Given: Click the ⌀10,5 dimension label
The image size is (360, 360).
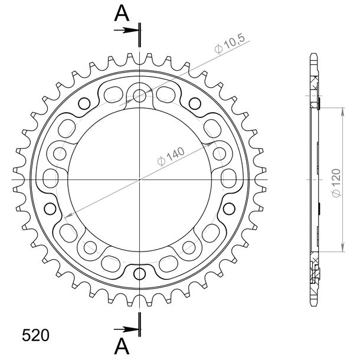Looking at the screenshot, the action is tap(230, 44).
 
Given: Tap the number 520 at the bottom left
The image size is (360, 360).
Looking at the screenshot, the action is tap(35, 335).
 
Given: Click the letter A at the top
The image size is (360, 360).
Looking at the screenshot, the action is tap(122, 13).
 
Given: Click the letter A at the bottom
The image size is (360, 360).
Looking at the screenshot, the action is tap(122, 346).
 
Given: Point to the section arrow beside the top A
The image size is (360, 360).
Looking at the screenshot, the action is tap(126, 30).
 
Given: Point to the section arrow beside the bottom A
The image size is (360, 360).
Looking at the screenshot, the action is tap(126, 330).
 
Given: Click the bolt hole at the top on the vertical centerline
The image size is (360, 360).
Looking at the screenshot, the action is tap(140, 94).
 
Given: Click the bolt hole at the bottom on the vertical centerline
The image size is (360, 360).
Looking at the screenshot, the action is tap(140, 274).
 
